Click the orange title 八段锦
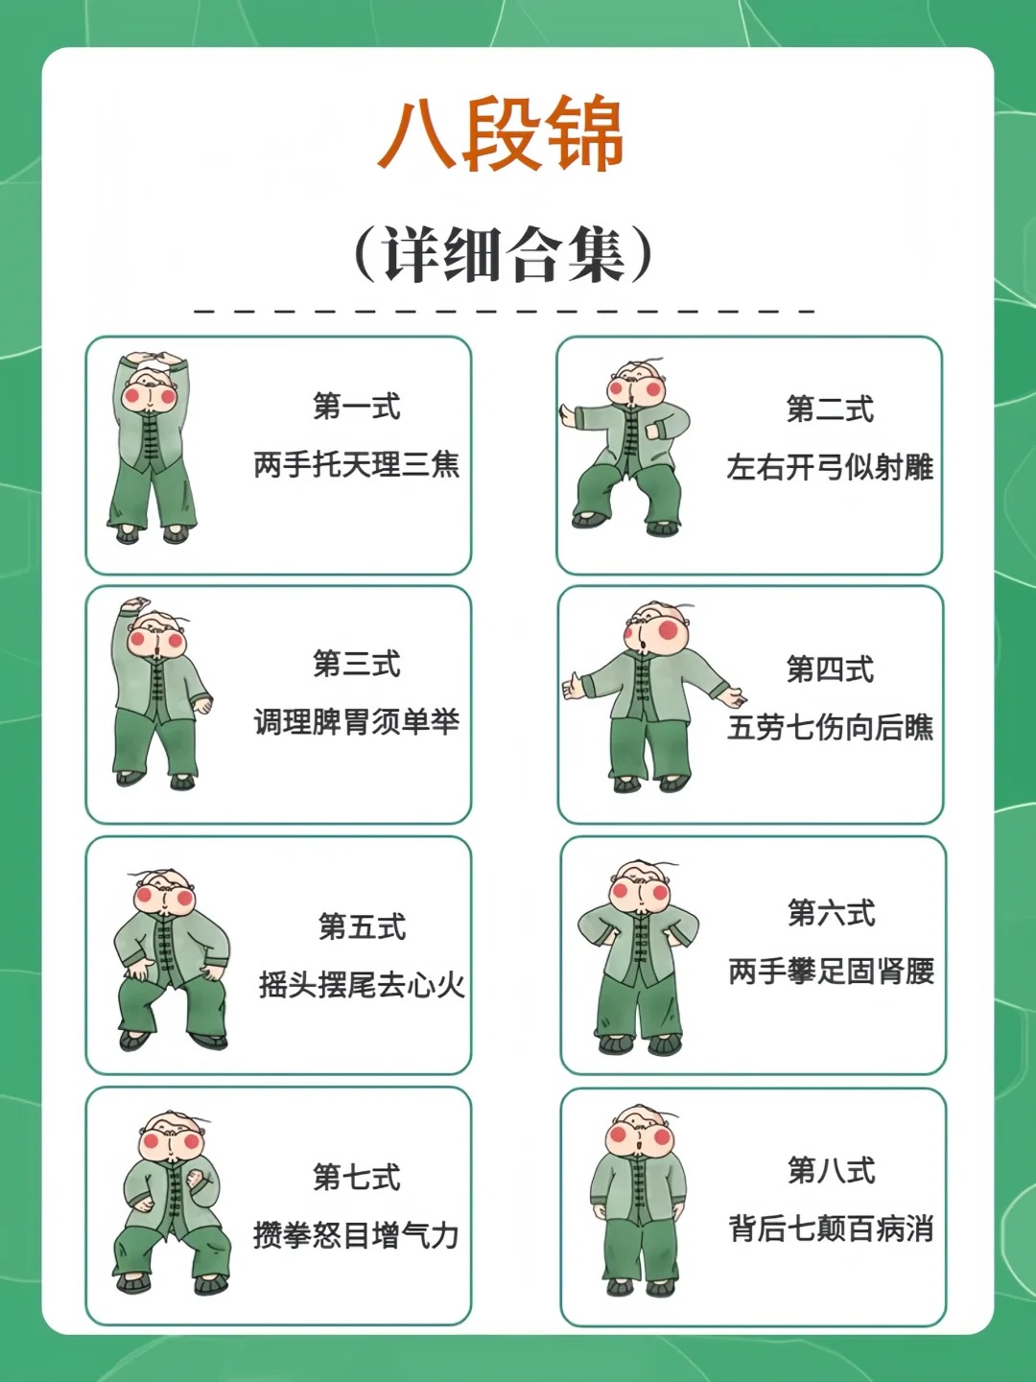[x=501, y=134]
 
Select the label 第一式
[x=357, y=406]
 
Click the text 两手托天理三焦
[x=357, y=464]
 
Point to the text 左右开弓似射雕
[x=830, y=467]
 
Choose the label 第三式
[x=357, y=663]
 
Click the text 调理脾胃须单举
[x=357, y=721]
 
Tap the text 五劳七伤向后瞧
[x=830, y=727]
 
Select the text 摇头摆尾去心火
[x=362, y=985]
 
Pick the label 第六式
[x=832, y=912]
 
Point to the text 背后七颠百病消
[x=831, y=1229]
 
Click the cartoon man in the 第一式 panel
[x=152, y=447]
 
